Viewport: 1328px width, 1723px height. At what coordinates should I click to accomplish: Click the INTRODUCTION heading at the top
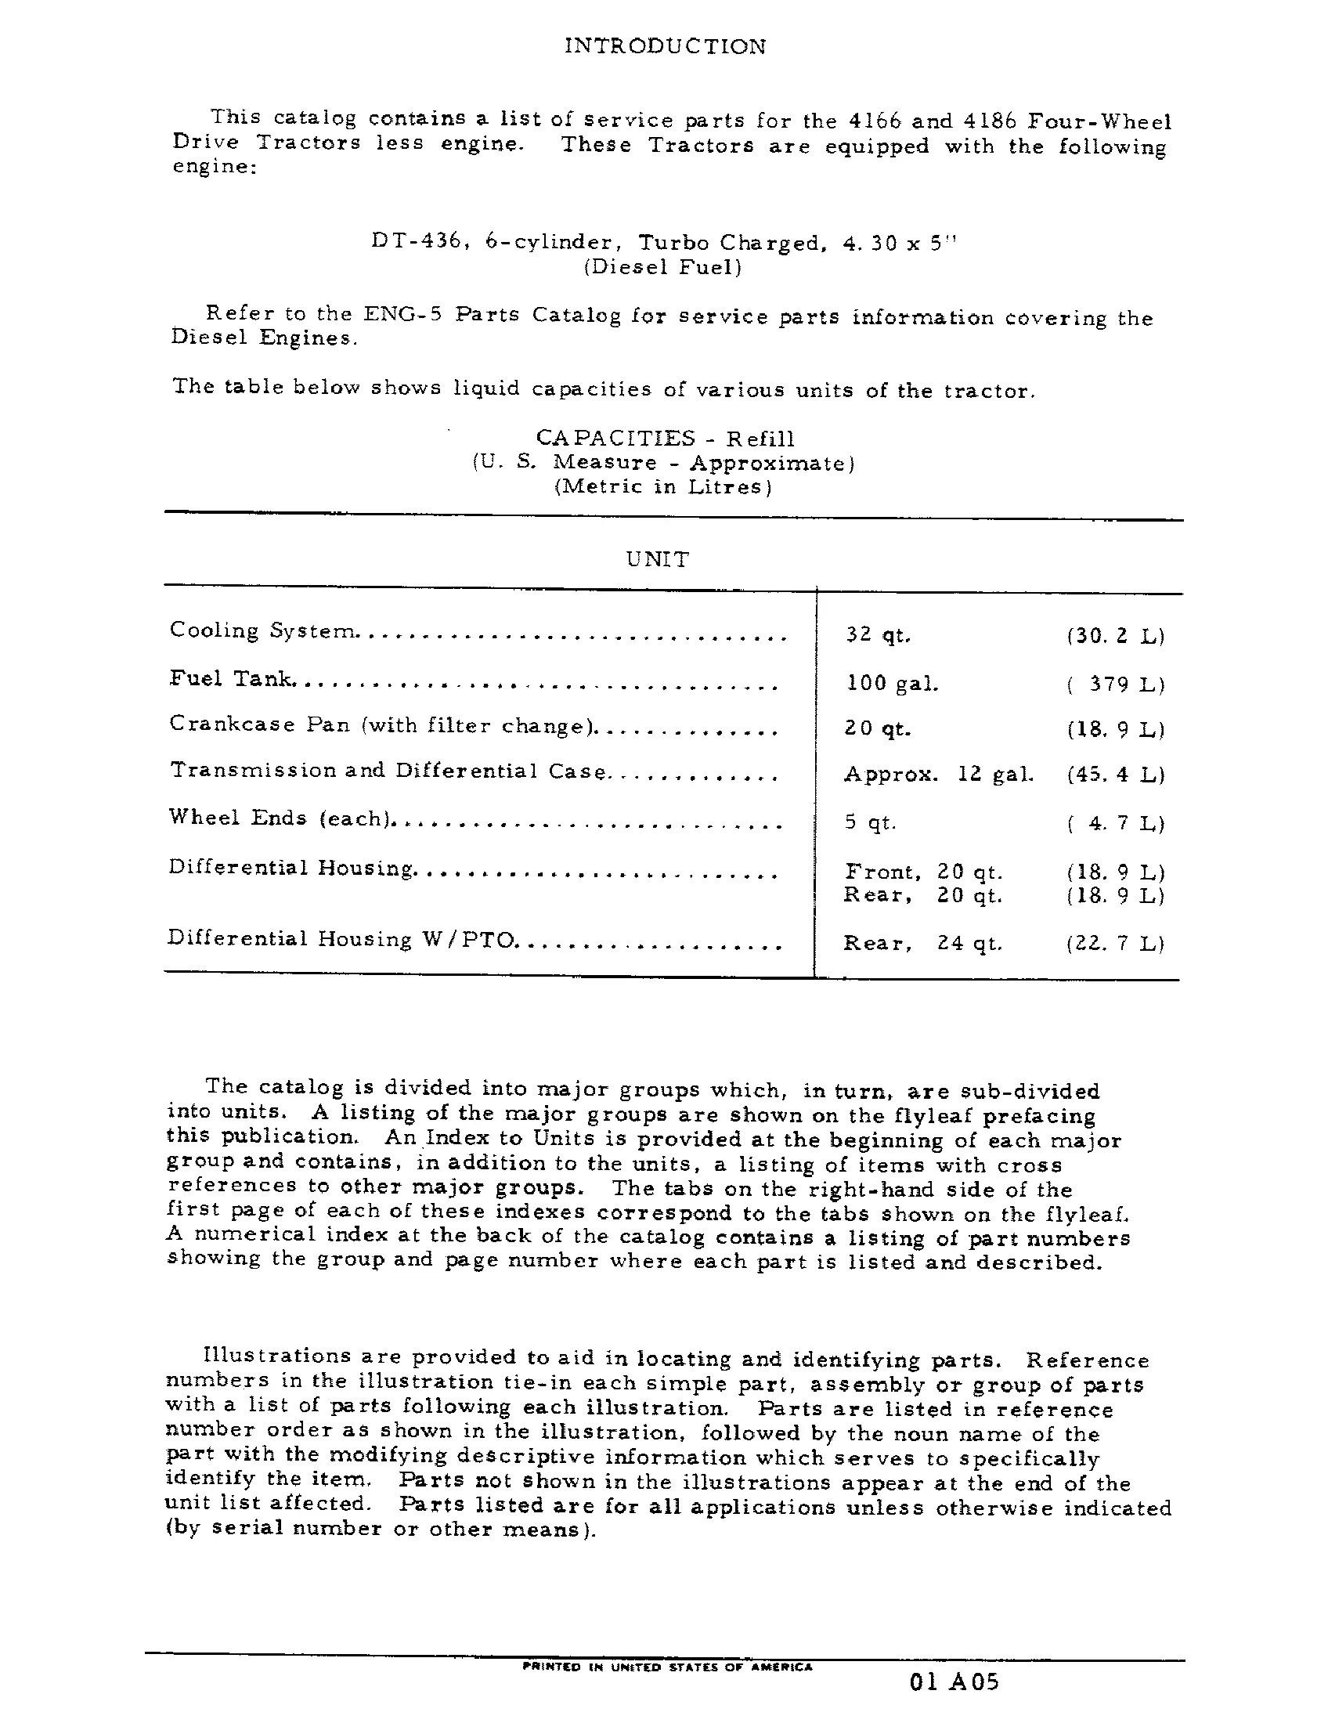pyautogui.click(x=665, y=46)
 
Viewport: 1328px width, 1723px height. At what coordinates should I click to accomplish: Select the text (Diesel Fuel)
pyautogui.click(x=662, y=267)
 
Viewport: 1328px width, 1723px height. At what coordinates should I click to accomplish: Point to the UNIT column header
pyautogui.click(x=658, y=559)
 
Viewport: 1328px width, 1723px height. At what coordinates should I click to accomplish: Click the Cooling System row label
pyautogui.click(x=262, y=631)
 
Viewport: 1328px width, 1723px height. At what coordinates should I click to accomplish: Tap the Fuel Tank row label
pyautogui.click(x=231, y=679)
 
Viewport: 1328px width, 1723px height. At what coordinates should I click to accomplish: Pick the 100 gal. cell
pyautogui.click(x=892, y=683)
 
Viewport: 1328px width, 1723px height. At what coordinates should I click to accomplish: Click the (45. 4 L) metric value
pyautogui.click(x=1115, y=775)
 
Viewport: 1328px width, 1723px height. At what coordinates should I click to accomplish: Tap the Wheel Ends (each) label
pyautogui.click(x=280, y=818)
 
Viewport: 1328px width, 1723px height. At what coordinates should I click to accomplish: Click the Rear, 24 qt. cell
pyautogui.click(x=922, y=943)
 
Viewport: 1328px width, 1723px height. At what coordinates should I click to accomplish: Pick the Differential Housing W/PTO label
pyautogui.click(x=341, y=939)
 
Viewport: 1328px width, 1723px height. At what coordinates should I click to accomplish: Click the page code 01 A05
pyautogui.click(x=955, y=1682)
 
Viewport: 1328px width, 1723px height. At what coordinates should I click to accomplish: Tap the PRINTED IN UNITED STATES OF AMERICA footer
pyautogui.click(x=667, y=1667)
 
